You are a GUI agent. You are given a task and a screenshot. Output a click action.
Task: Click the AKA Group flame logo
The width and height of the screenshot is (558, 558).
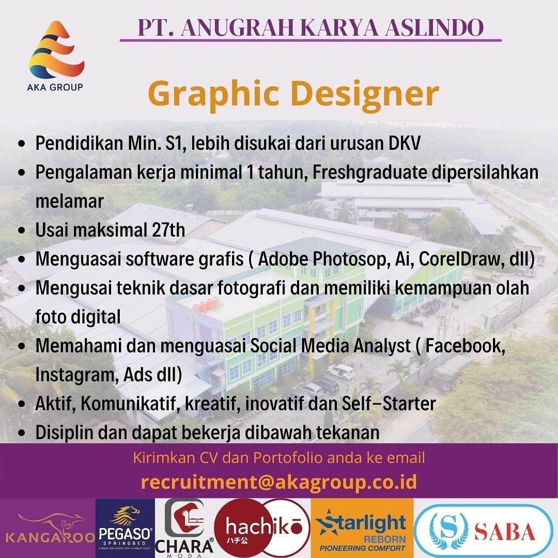coord(56,49)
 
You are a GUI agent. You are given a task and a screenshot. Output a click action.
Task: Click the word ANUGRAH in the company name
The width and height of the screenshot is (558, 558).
coord(236,27)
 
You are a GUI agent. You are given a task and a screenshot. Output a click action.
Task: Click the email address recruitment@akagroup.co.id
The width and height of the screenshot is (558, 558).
coord(279,482)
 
